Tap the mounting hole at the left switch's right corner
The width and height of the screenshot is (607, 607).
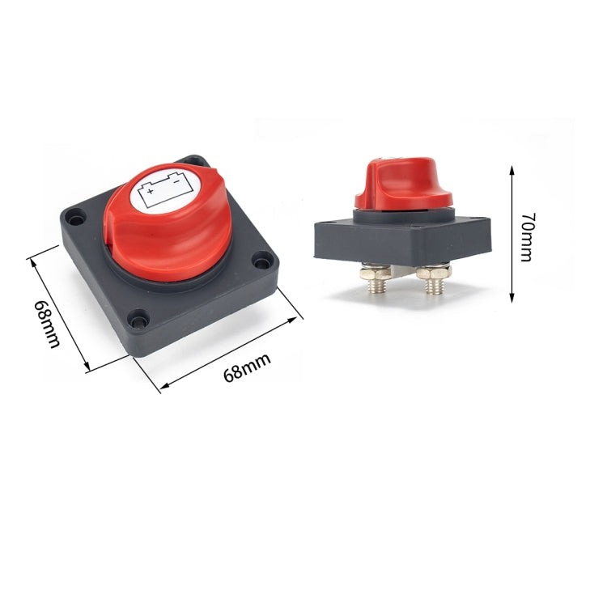tap(261, 261)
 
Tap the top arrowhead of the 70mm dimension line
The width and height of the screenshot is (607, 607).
tap(511, 170)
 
